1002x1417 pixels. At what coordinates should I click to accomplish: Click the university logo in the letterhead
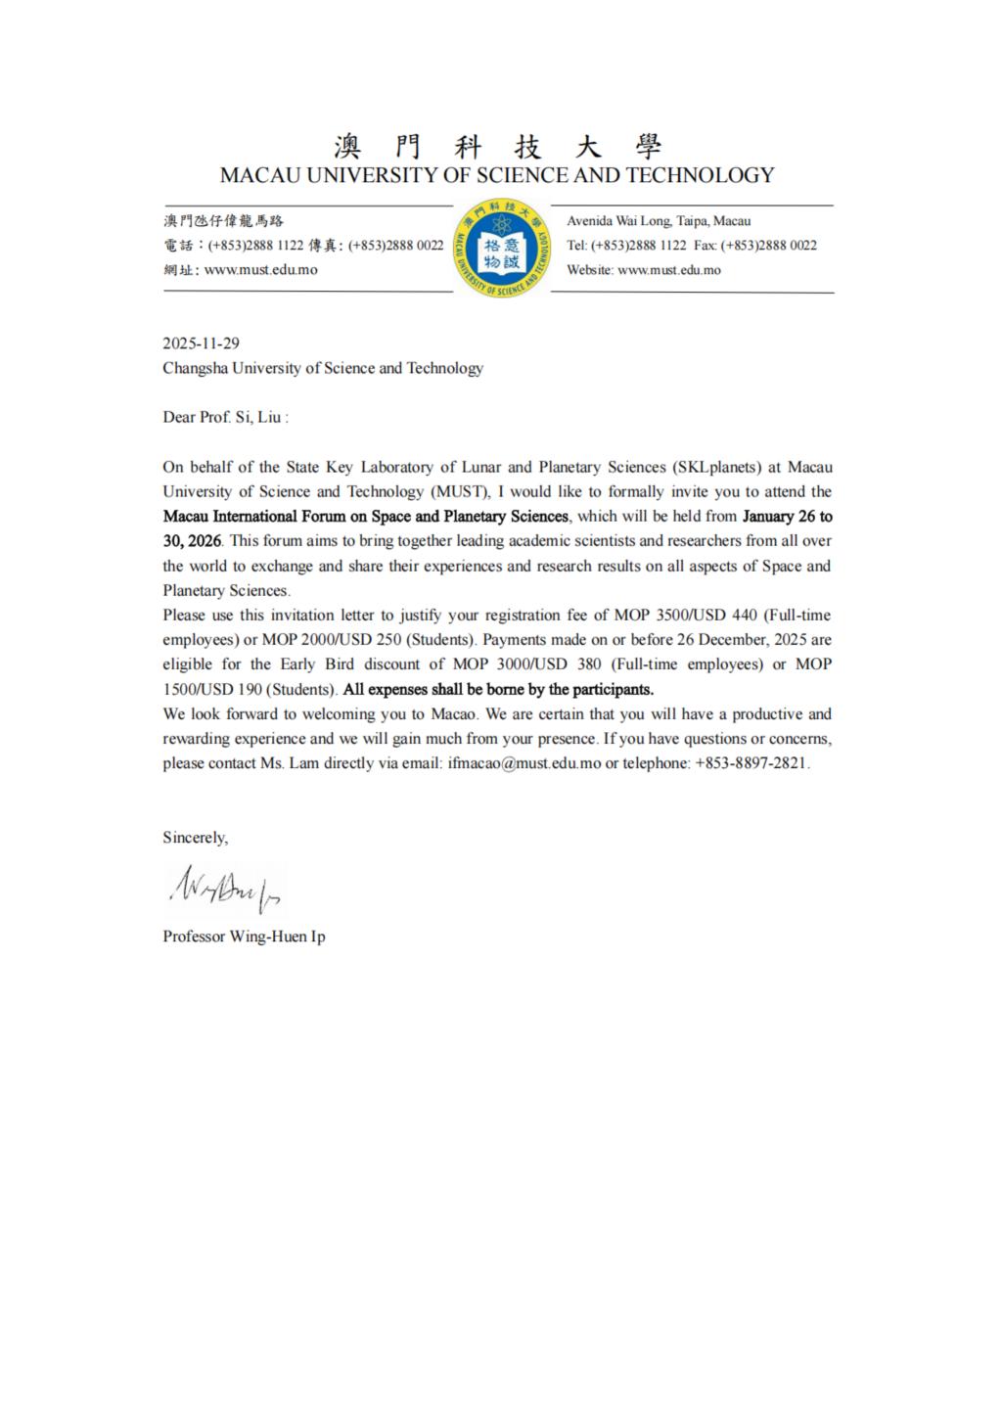pyautogui.click(x=501, y=249)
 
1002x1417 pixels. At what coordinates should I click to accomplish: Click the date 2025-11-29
pyautogui.click(x=201, y=343)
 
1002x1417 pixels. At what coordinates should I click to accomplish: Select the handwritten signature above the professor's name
pyautogui.click(x=225, y=888)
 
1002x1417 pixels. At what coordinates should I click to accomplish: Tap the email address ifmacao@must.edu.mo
pyautogui.click(x=524, y=763)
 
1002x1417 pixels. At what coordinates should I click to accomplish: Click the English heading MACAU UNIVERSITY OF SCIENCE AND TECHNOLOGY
pyautogui.click(x=497, y=176)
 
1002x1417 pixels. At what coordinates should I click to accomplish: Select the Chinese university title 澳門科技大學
pyautogui.click(x=497, y=147)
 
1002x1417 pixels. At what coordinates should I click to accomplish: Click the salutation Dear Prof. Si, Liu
pyautogui.click(x=225, y=417)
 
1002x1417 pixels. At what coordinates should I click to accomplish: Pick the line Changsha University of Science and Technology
pyautogui.click(x=323, y=368)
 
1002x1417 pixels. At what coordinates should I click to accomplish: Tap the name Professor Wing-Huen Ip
pyautogui.click(x=244, y=937)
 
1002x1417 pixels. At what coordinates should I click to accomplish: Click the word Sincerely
pyautogui.click(x=195, y=838)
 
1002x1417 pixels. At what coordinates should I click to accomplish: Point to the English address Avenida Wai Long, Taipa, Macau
pyautogui.click(x=659, y=221)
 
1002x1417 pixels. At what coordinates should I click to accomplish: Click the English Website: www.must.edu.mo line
pyautogui.click(x=644, y=270)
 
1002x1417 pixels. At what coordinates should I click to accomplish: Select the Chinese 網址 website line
pyautogui.click(x=241, y=270)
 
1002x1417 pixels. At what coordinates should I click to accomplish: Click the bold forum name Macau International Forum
pyautogui.click(x=366, y=517)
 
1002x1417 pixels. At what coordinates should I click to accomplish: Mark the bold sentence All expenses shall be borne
pyautogui.click(x=498, y=689)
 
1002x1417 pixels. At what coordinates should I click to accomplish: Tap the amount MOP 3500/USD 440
pyautogui.click(x=685, y=616)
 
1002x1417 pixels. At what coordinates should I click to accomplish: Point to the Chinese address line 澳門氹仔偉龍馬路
pyautogui.click(x=223, y=221)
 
